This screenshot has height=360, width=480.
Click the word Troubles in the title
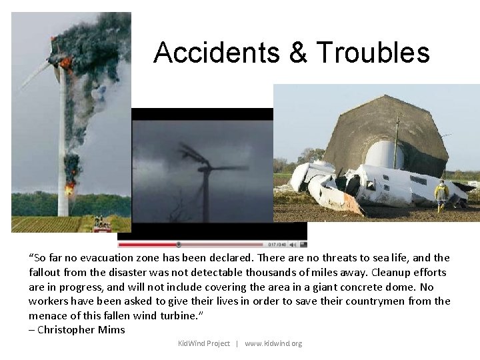pos(373,53)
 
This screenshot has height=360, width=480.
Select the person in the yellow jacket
pos(441,194)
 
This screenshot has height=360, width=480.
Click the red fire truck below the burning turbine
pos(102,227)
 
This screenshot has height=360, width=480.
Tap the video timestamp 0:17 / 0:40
pos(277,244)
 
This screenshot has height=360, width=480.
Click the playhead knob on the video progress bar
pos(178,244)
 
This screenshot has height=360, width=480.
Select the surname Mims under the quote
pos(112,330)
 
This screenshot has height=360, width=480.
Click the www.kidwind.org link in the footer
pos(273,343)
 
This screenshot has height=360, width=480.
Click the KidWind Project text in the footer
pos(203,343)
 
